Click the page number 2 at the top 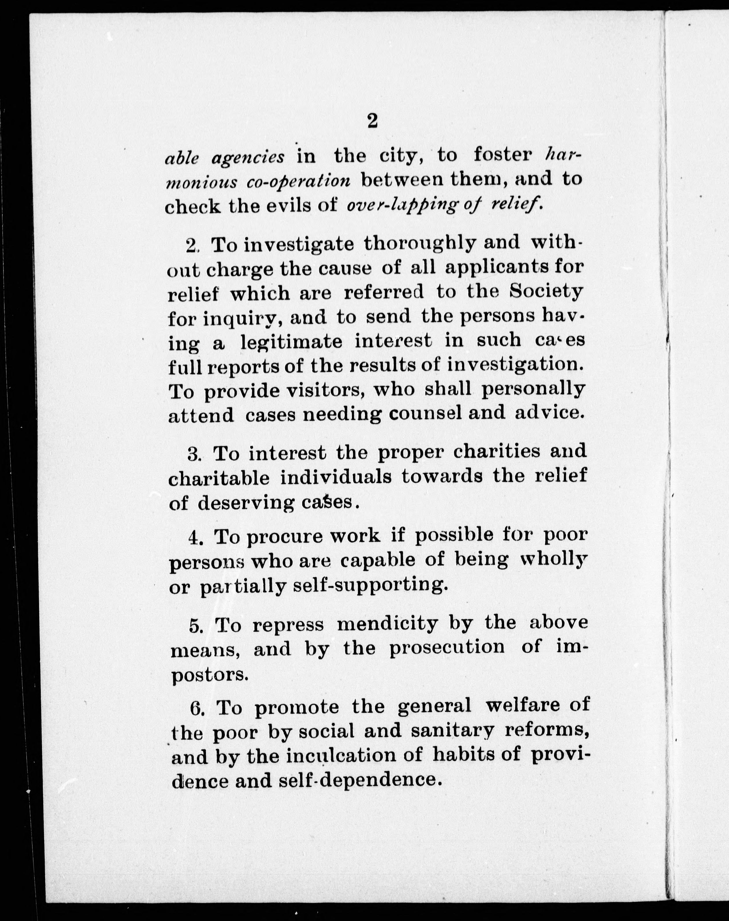pos(372,121)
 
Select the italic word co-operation pos(298,182)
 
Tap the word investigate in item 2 pos(299,245)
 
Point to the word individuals pos(336,478)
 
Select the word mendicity pos(387,625)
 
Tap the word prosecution pos(447,649)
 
